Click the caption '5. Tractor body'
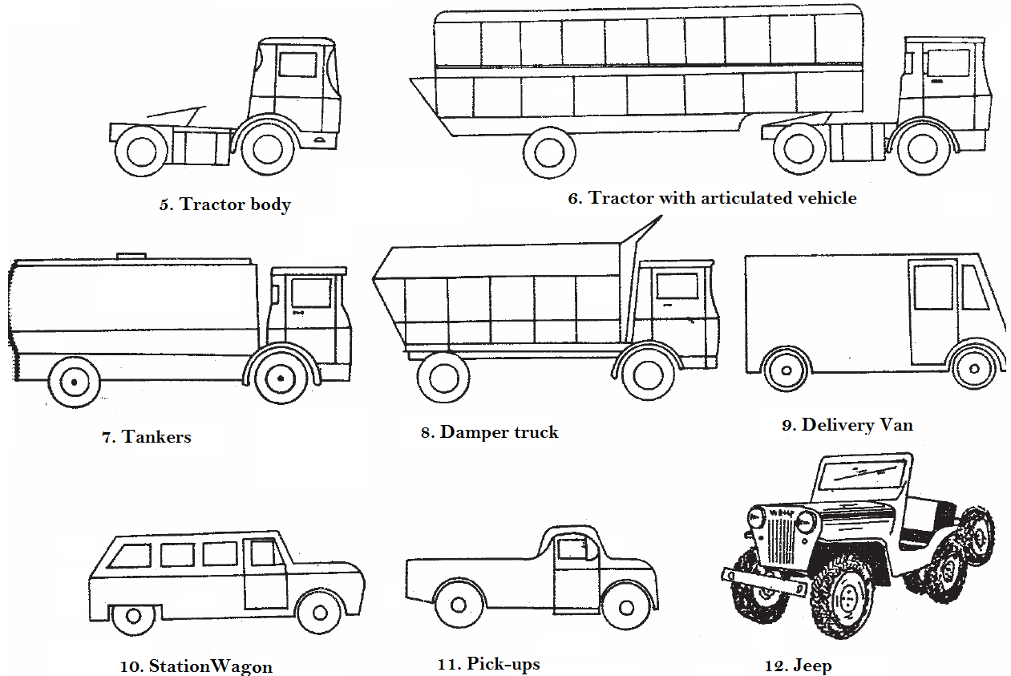224,204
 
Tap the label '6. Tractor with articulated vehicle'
712,198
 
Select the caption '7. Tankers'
147,437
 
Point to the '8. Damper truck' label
489,432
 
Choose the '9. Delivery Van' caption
847,425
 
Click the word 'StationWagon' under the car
211,666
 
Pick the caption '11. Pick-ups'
488,664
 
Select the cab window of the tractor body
297,65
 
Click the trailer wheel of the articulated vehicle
549,152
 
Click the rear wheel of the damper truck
443,377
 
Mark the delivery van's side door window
933,287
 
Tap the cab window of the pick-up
572,549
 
